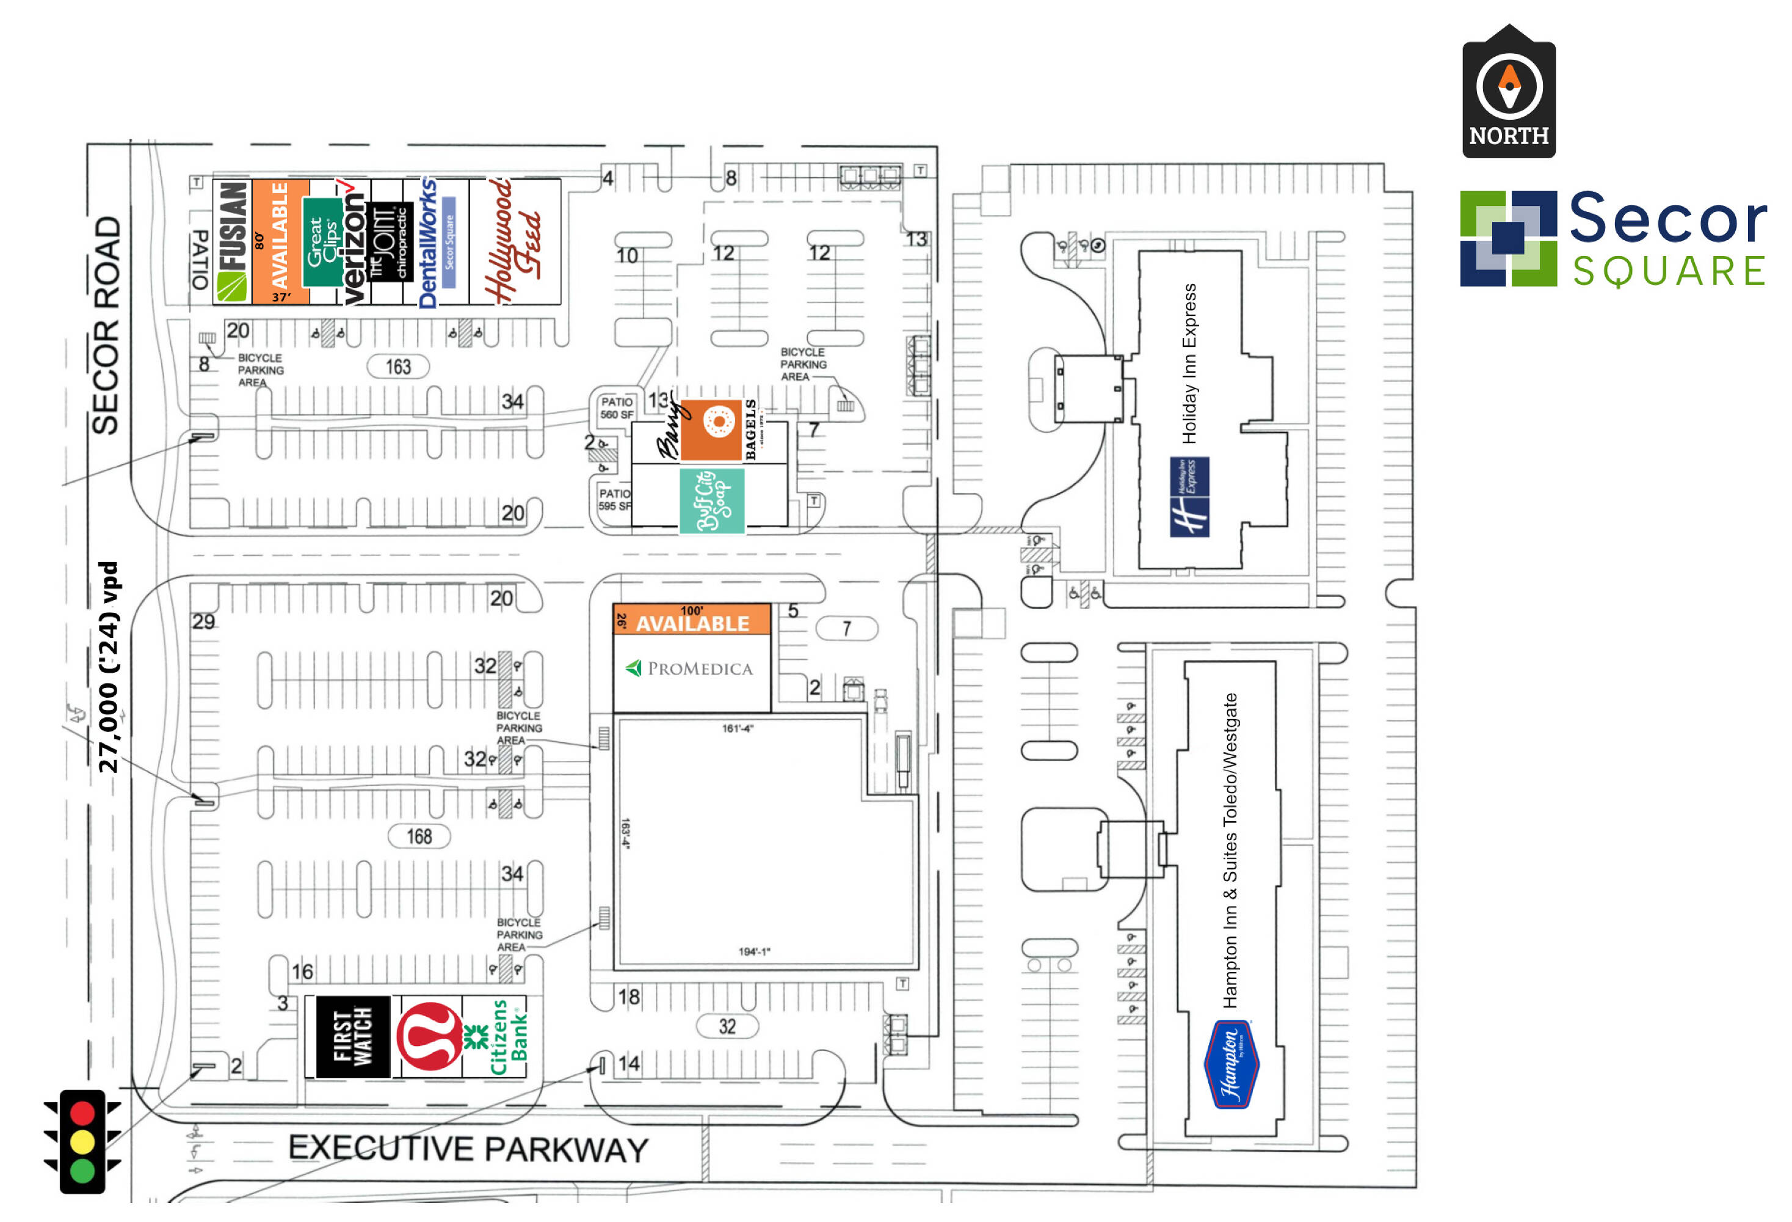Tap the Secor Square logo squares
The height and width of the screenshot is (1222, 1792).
1507,238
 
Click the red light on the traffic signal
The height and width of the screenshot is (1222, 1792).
82,1113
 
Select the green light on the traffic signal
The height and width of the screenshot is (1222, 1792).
82,1169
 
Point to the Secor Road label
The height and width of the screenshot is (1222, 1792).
106,325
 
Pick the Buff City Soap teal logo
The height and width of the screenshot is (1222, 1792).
711,500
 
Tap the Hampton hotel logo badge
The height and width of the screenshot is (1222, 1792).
1231,1063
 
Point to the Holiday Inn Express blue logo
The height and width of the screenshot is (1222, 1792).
1189,496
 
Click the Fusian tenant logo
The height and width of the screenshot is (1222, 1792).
231,241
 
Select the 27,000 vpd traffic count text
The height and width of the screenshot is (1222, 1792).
108,667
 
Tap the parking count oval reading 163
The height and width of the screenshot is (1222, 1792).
398,367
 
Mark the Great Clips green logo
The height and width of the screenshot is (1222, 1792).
322,241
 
